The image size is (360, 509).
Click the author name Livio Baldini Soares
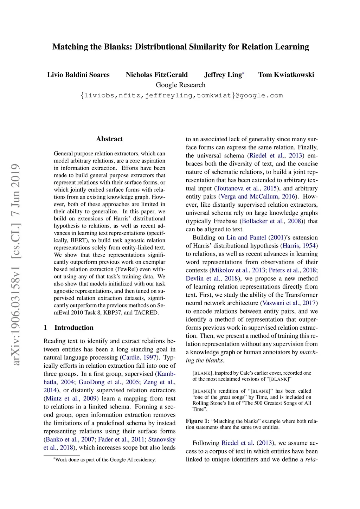tap(78, 75)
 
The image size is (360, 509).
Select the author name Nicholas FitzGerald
tap(157, 75)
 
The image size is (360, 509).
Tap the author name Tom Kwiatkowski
tap(286, 75)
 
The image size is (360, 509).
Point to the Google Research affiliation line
tap(180, 85)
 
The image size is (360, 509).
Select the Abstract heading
tap(109, 139)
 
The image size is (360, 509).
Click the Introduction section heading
tap(74, 328)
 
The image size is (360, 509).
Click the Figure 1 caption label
tap(197, 421)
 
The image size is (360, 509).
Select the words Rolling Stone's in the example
tap(208, 403)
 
